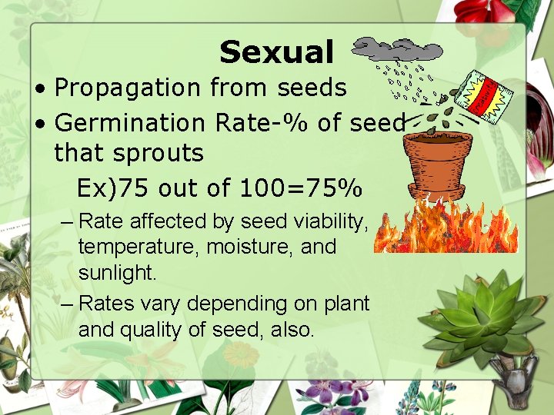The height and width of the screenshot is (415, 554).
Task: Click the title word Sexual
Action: (x=276, y=52)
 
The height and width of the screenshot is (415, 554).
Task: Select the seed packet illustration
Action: (x=483, y=95)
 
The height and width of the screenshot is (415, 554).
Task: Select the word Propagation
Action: (x=125, y=88)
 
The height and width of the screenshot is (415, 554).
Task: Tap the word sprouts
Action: (x=161, y=153)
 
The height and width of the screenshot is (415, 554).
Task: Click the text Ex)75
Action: (x=111, y=188)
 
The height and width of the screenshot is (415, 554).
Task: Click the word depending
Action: (x=235, y=304)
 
